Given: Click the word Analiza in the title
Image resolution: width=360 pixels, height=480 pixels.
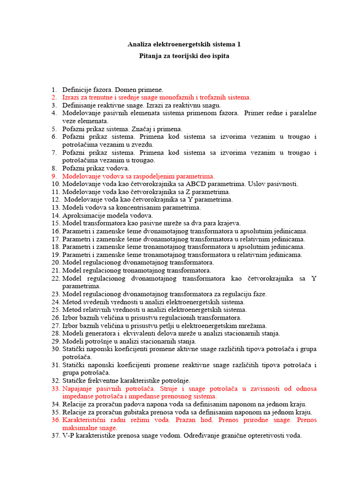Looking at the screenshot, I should [x=140, y=45].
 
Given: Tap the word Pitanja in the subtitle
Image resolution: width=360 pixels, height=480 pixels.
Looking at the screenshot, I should [x=151, y=56].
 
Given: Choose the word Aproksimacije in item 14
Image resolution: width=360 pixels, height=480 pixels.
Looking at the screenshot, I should [x=84, y=216].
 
